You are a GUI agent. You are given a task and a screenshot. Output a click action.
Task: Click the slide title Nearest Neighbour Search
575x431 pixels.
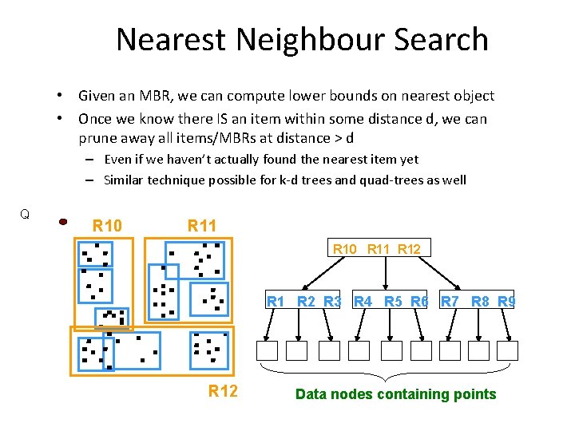(302, 39)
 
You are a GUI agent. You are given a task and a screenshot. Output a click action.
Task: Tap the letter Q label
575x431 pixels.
(25, 214)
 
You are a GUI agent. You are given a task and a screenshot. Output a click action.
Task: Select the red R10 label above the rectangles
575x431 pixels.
(108, 226)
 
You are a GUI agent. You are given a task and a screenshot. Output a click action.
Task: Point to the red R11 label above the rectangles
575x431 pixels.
(202, 226)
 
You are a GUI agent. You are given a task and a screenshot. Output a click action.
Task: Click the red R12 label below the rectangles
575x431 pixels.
(223, 390)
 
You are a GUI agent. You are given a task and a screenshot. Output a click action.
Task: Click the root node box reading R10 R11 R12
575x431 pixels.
(376, 248)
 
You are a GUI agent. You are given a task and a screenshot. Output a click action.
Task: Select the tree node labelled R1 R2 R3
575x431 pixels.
(303, 301)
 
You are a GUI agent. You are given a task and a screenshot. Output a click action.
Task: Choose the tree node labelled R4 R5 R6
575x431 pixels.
(391, 301)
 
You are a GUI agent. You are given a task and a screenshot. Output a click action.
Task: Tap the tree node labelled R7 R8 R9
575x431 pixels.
(478, 301)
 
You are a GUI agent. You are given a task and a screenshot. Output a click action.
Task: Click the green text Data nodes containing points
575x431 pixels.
(395, 393)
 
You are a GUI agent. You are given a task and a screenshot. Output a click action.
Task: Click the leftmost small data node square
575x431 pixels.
(268, 350)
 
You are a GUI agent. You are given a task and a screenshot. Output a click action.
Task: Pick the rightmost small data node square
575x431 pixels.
(508, 350)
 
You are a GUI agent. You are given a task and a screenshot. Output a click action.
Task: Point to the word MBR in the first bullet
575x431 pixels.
(141, 96)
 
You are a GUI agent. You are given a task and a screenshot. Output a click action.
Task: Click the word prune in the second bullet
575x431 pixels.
(97, 138)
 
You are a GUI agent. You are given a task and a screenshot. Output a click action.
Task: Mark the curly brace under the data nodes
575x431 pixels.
(387, 373)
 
